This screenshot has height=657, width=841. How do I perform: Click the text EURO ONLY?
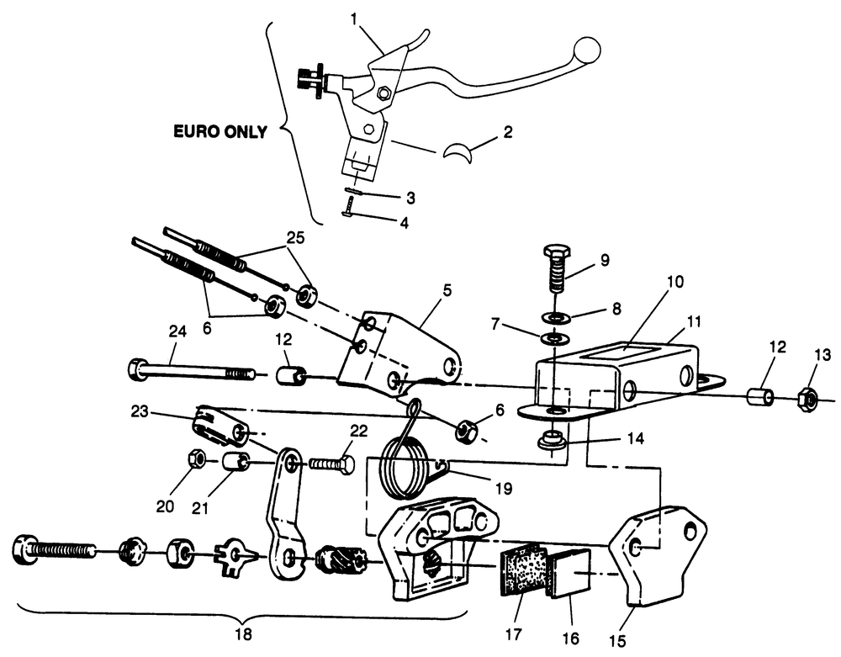(220, 131)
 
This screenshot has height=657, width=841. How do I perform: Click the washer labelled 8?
(553, 318)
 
